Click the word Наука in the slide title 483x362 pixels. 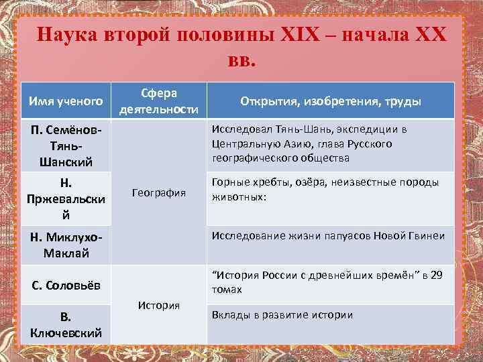tap(66, 35)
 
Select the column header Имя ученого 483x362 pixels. tap(66, 101)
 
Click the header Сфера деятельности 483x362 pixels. tap(159, 101)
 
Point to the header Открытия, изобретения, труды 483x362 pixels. tap(331, 101)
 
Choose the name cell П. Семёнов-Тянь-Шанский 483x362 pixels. tap(66, 145)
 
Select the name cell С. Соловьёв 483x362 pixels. tap(66, 286)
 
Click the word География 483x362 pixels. tap(159, 193)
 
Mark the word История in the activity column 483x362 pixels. tap(159, 305)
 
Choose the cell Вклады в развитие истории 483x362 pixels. tap(282, 315)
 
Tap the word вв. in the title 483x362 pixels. tap(241, 61)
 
